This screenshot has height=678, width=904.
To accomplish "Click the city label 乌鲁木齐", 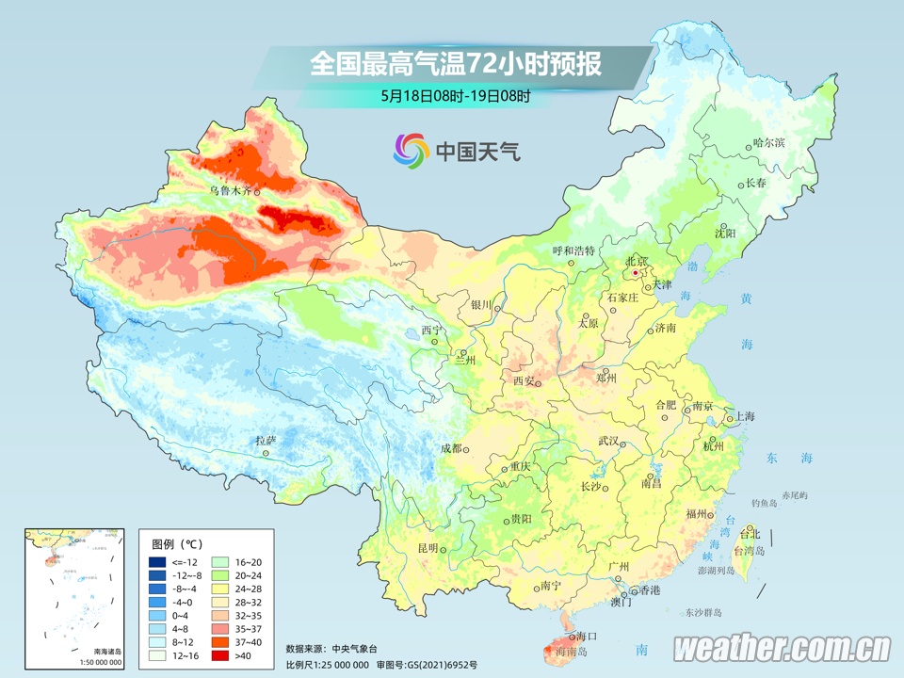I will pos(231,189).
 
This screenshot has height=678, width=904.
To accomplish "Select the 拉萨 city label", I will pos(266,440).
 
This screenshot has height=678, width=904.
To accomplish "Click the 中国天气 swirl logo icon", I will pos(411,149).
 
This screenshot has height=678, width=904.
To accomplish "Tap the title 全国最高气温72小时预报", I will pos(455,64).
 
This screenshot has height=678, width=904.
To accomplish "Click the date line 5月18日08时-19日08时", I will pos(456,95).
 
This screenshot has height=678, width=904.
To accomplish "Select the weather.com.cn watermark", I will pos(782,648).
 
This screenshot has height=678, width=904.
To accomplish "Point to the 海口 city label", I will pos(587,637).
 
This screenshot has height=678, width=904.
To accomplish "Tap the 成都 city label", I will pos(451,448).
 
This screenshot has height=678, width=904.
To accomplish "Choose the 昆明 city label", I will pos(428,548).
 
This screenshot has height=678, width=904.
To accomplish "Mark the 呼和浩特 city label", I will pos(573,250).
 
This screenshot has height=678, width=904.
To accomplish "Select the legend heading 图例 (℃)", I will pos(176,544).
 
